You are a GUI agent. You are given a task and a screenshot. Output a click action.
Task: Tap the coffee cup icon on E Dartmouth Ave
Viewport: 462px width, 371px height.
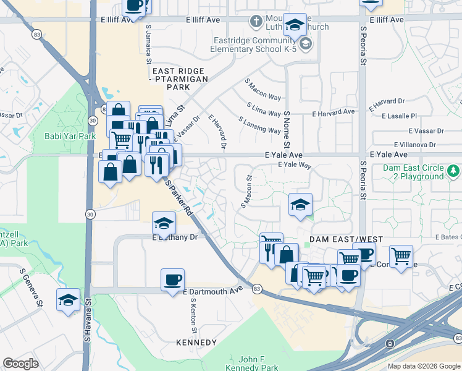pos(172,279)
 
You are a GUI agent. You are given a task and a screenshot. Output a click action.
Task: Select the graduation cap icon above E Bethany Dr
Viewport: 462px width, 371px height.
pos(164,223)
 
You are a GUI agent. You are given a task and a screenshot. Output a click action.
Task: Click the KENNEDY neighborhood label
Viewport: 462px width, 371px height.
pos(196,343)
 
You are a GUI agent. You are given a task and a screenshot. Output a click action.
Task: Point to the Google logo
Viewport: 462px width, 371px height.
pos(20,363)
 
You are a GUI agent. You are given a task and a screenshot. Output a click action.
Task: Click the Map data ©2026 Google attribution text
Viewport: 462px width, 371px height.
pos(424,365)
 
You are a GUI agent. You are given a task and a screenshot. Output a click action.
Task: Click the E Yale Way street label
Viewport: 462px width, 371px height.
pos(295,165)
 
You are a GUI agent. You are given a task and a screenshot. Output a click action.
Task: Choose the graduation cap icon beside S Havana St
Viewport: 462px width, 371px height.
pos(68,300)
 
